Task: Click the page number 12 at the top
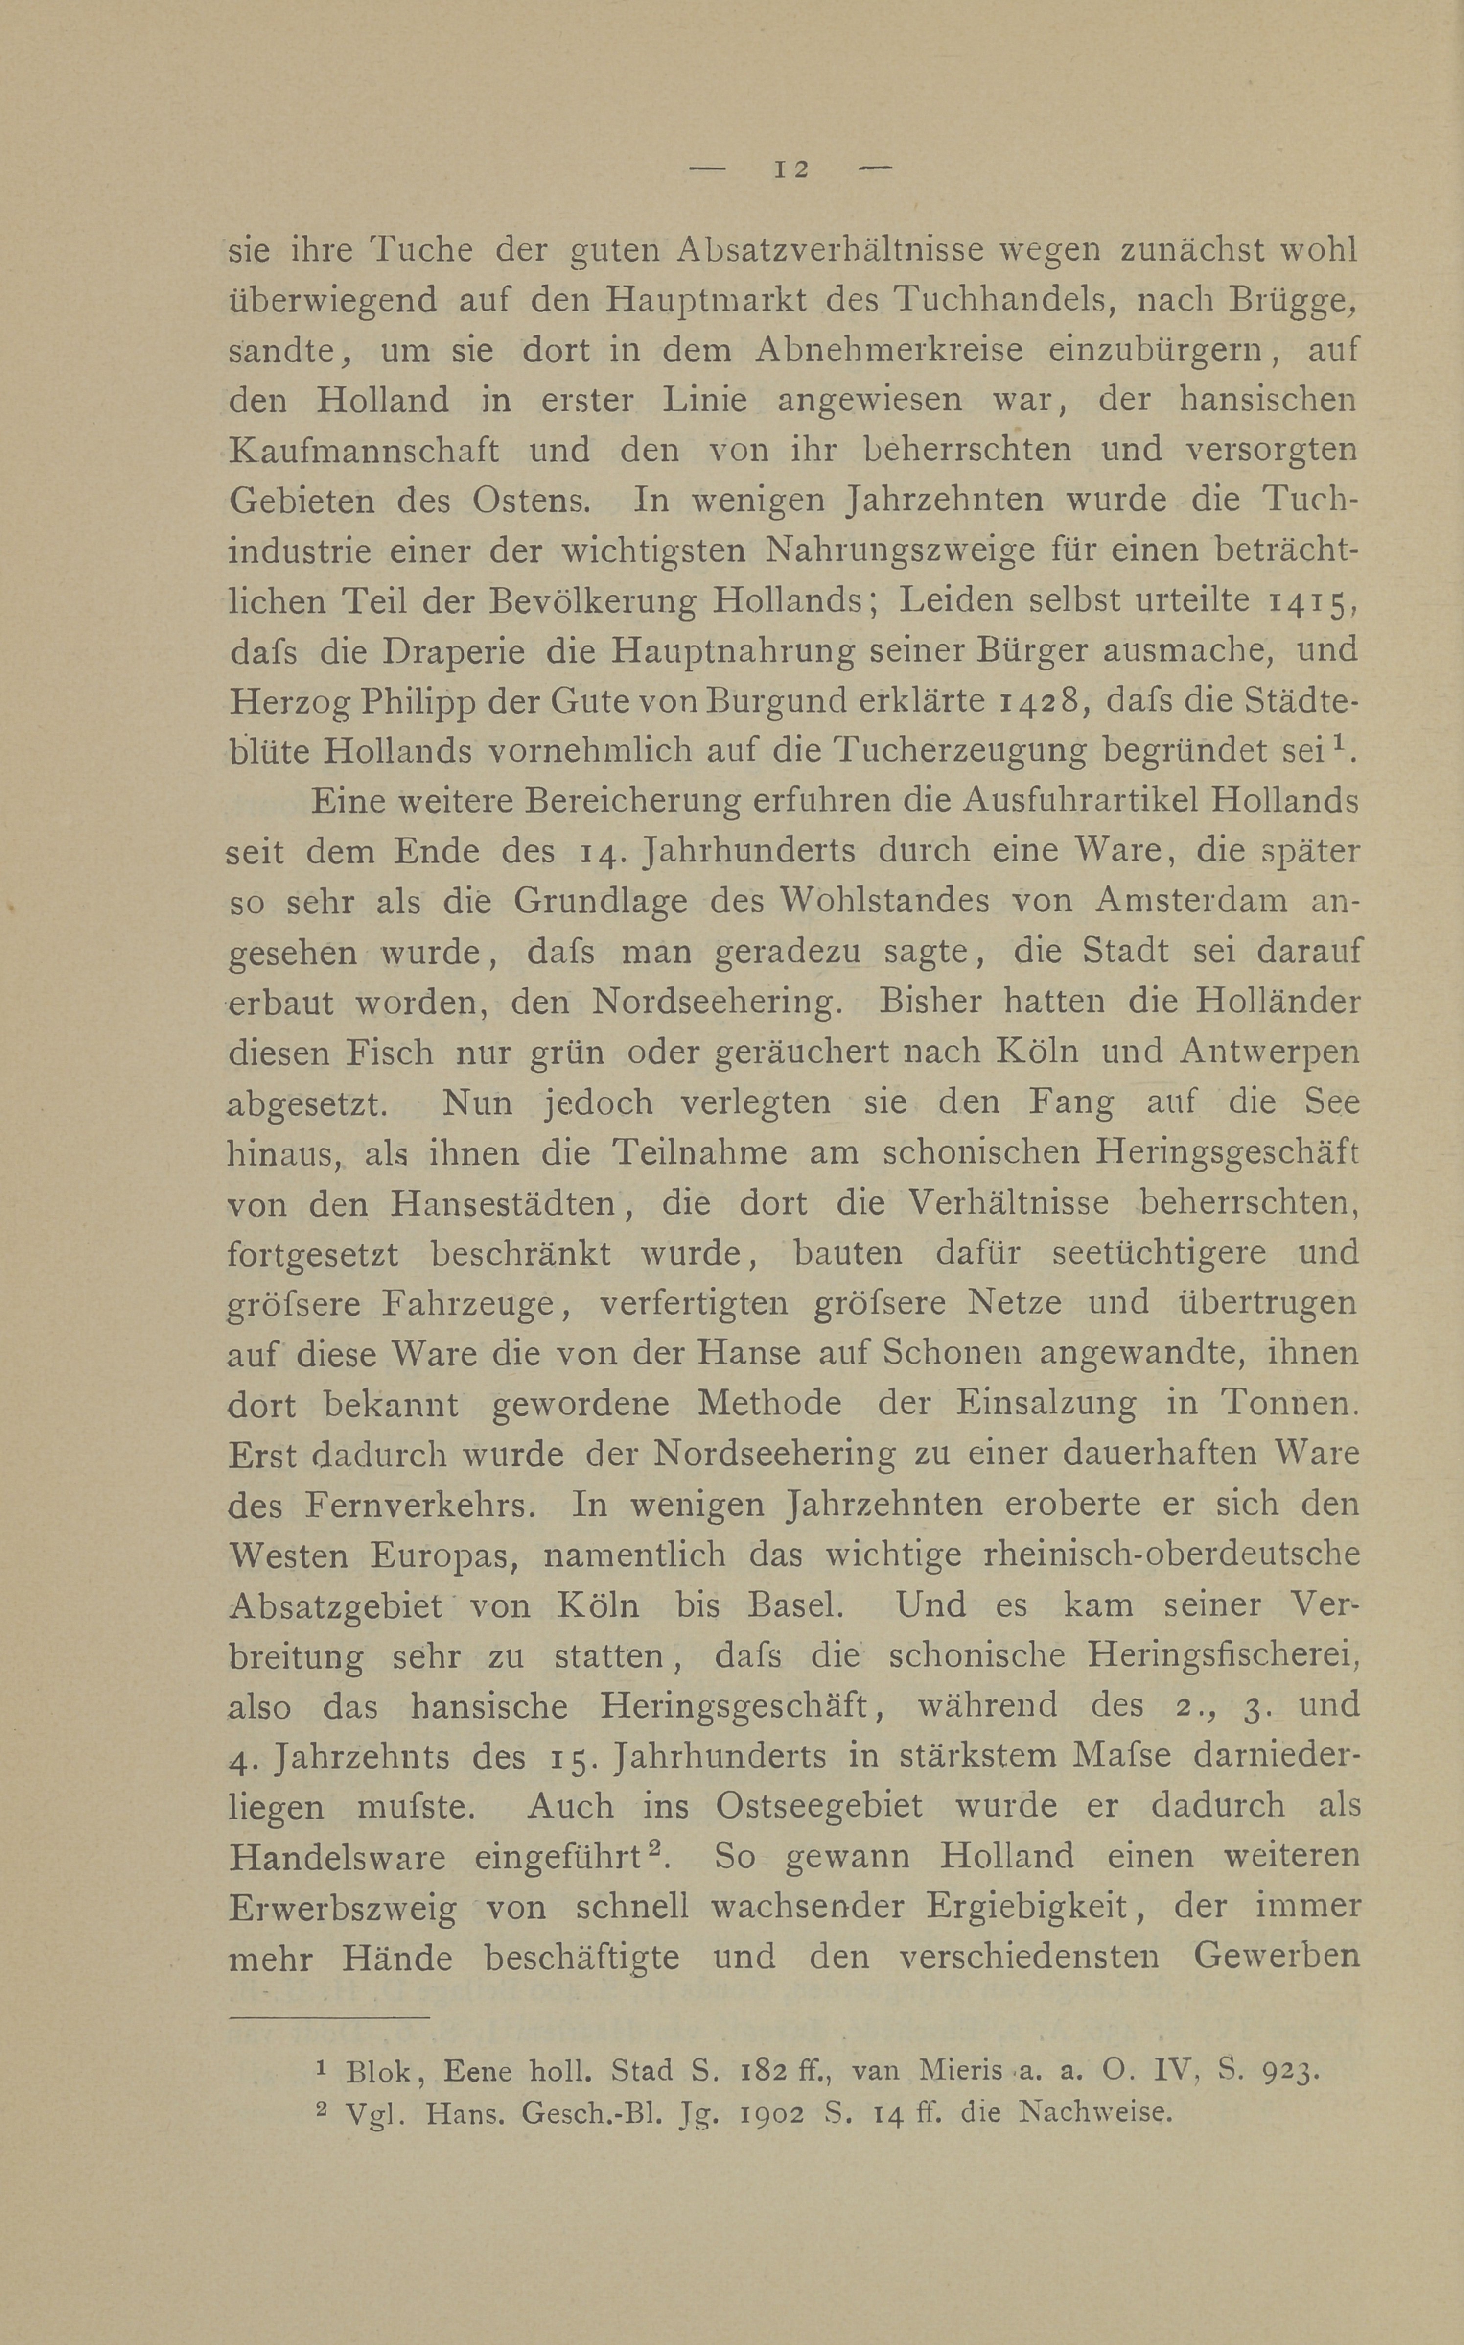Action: tap(790, 169)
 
